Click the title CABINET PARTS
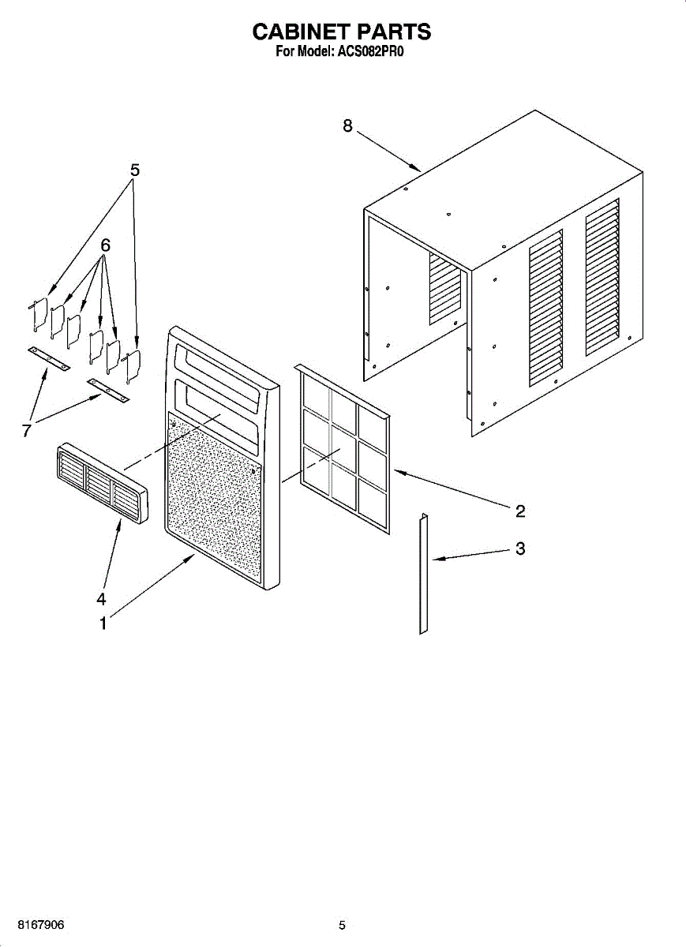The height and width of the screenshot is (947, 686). pyautogui.click(x=341, y=32)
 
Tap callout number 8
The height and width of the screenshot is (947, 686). pyautogui.click(x=347, y=126)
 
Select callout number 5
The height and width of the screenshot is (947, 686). pyautogui.click(x=135, y=170)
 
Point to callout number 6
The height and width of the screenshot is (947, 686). pyautogui.click(x=105, y=245)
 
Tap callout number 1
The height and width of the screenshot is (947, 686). pyautogui.click(x=103, y=623)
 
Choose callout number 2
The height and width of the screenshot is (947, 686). pyautogui.click(x=520, y=511)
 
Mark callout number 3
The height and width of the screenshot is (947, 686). pyautogui.click(x=520, y=548)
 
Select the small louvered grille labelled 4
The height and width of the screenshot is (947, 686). pyautogui.click(x=101, y=483)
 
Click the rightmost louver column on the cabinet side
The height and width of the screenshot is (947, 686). pyautogui.click(x=602, y=276)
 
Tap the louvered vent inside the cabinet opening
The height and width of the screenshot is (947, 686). pyautogui.click(x=444, y=289)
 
